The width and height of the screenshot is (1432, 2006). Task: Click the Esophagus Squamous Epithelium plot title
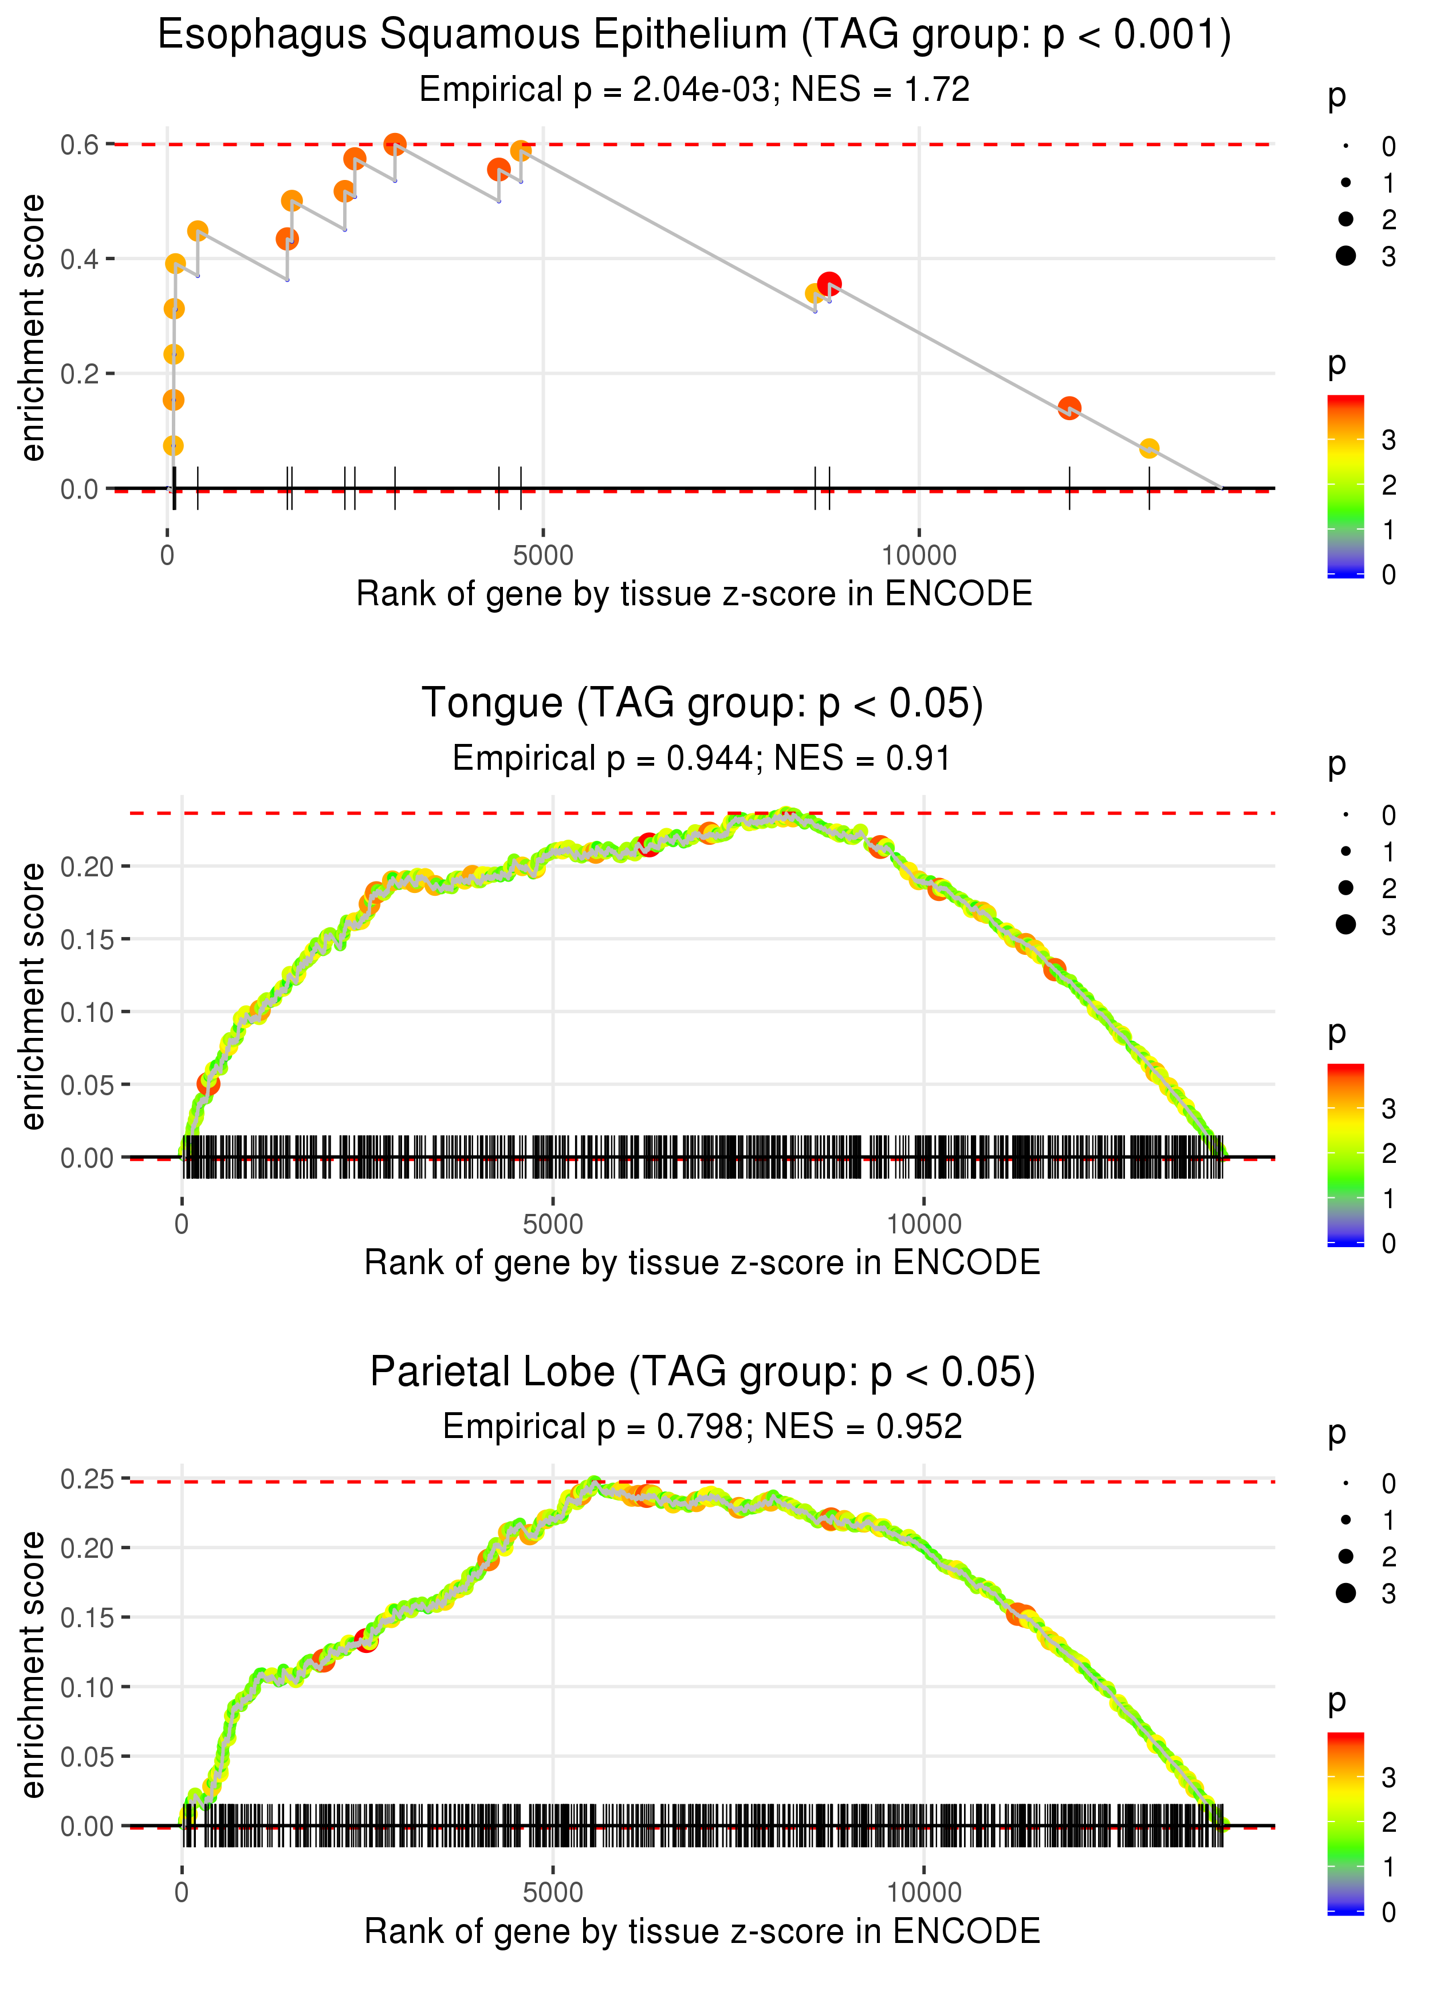pyautogui.click(x=694, y=36)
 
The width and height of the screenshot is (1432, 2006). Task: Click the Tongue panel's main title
pyautogui.click(x=702, y=704)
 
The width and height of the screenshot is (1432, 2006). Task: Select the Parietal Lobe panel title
pyautogui.click(x=702, y=1372)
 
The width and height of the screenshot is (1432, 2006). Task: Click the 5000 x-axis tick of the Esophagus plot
pyautogui.click(x=543, y=556)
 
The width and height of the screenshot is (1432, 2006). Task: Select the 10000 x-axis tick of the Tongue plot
pyautogui.click(x=924, y=1224)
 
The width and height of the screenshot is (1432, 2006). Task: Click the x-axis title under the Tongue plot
pyautogui.click(x=702, y=1263)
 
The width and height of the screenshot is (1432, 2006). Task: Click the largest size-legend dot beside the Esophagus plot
pyautogui.click(x=1346, y=256)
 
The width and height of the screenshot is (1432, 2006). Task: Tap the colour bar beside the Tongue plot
pyautogui.click(x=1346, y=1155)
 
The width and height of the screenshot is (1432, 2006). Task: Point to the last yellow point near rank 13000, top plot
pyautogui.click(x=1149, y=449)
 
